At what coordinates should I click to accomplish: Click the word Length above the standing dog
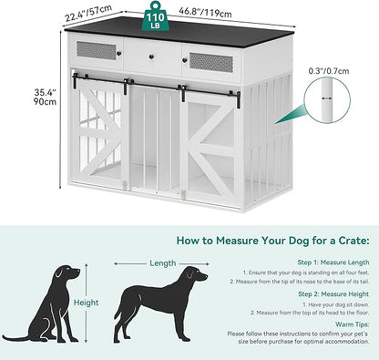pyautogui.click(x=164, y=263)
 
